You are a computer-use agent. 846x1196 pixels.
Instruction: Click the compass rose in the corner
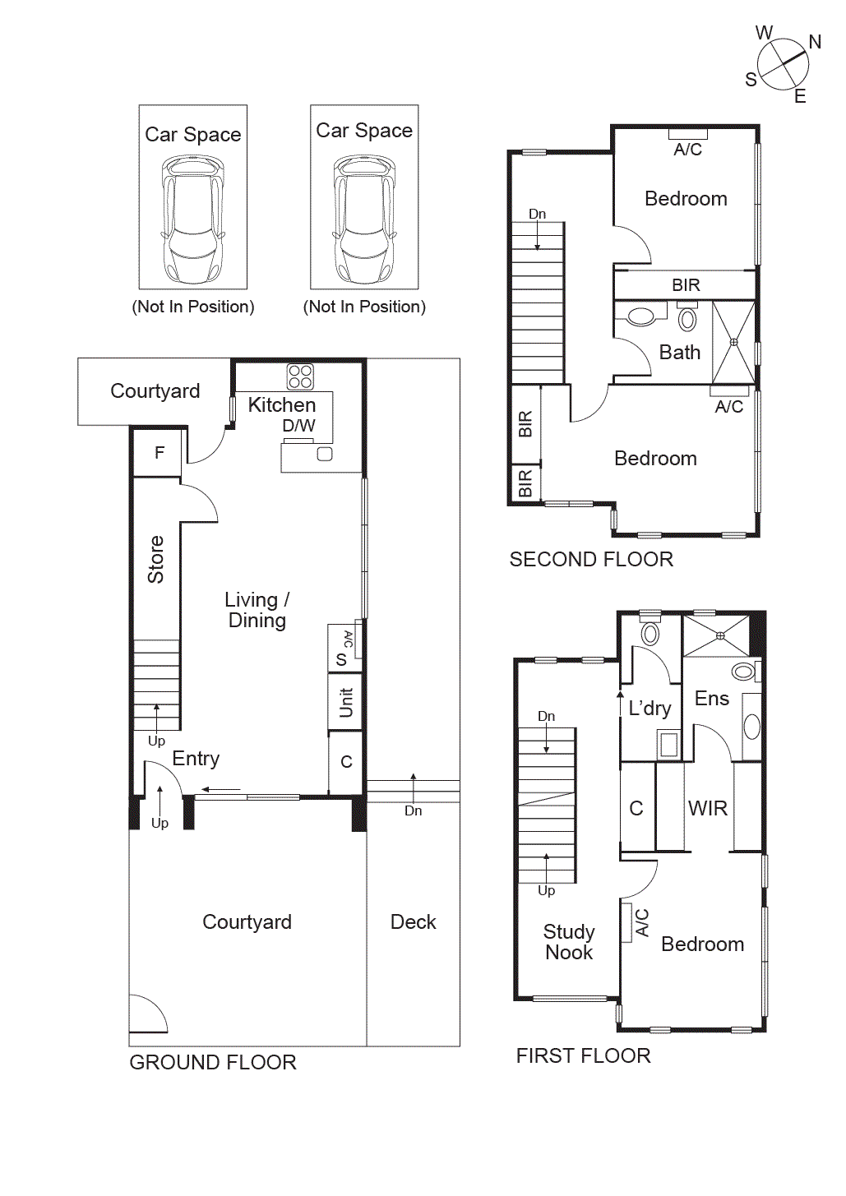click(x=782, y=64)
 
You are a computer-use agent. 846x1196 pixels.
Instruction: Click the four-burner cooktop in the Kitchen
click(x=300, y=376)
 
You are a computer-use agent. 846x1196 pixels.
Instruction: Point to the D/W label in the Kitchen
click(x=298, y=426)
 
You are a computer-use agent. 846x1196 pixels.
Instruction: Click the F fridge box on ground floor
click(x=159, y=452)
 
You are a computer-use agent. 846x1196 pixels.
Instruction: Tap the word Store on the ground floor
click(x=155, y=559)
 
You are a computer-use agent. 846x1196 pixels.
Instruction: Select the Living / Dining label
click(x=257, y=610)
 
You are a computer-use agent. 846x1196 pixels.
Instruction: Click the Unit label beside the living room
click(x=346, y=703)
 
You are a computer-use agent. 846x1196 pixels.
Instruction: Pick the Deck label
click(x=413, y=921)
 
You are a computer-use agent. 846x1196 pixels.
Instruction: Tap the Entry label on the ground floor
click(x=196, y=758)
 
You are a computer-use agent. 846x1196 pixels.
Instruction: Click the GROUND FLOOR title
click(x=213, y=1062)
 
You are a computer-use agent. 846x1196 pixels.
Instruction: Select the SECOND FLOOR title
click(x=591, y=559)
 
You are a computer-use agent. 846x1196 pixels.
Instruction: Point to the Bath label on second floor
click(x=680, y=352)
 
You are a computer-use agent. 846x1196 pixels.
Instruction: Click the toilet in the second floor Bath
click(x=641, y=316)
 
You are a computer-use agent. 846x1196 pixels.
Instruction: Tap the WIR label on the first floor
click(x=708, y=808)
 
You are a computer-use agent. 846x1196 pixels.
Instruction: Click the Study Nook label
click(x=569, y=942)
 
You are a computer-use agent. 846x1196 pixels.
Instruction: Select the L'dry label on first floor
click(x=650, y=708)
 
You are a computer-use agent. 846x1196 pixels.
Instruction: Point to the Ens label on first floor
click(x=712, y=698)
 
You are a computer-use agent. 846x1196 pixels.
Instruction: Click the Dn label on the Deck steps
click(x=413, y=810)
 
